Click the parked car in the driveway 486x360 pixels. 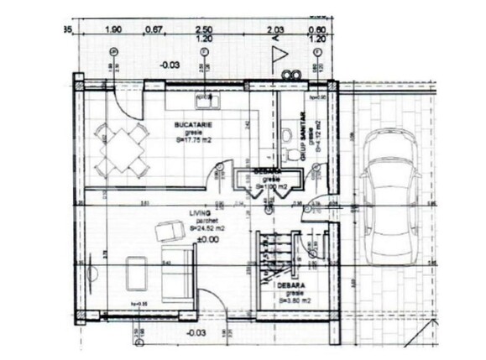pyautogui.click(x=390, y=201)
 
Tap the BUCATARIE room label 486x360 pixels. pyautogui.click(x=192, y=124)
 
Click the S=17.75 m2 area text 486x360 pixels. pyautogui.click(x=194, y=141)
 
